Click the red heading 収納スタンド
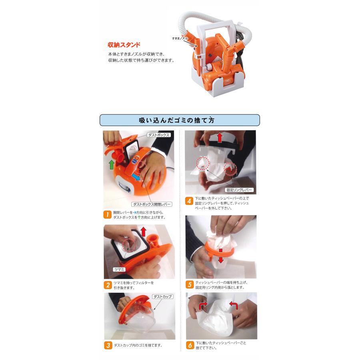[124, 44]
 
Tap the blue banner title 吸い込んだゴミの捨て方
[176, 120]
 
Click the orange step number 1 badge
[107, 215]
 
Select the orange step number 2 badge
[108, 285]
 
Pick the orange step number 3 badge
[108, 345]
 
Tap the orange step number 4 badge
[189, 201]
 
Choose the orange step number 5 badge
[190, 285]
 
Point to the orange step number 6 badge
[190, 345]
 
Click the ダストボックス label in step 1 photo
[159, 135]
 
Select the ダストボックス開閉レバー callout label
[152, 204]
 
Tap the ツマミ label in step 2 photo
[119, 269]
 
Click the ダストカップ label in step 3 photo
[162, 297]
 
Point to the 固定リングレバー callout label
[239, 190]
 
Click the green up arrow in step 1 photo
[111, 165]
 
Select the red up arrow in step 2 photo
[144, 232]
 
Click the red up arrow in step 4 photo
[220, 137]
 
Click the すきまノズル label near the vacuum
[180, 38]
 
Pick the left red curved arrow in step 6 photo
[203, 305]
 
